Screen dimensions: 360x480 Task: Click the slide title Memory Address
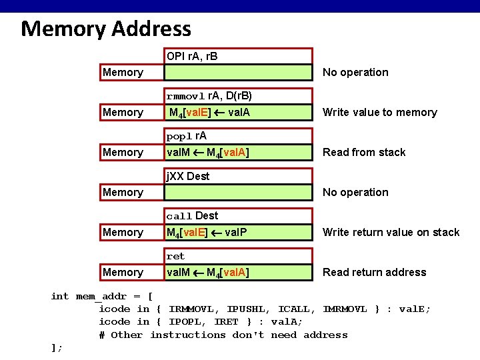[x=106, y=29]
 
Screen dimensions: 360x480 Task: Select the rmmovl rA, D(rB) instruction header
[x=209, y=96]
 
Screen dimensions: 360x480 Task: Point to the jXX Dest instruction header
[x=188, y=176]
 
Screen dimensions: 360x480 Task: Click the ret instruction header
[x=176, y=256]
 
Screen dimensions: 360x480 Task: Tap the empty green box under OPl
[x=237, y=72]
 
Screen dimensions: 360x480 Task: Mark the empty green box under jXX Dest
[x=237, y=192]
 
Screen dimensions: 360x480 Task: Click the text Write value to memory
[x=379, y=112]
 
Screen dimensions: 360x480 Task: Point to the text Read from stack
[x=364, y=152]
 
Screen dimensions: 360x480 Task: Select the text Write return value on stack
[x=391, y=232]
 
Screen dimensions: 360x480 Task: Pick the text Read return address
[x=374, y=272]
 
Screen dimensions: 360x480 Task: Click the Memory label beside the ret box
[x=123, y=272]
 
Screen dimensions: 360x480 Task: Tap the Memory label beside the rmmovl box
[x=123, y=112]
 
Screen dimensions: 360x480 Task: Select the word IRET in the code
[x=230, y=321]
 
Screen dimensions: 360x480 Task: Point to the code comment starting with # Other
[x=223, y=335]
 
